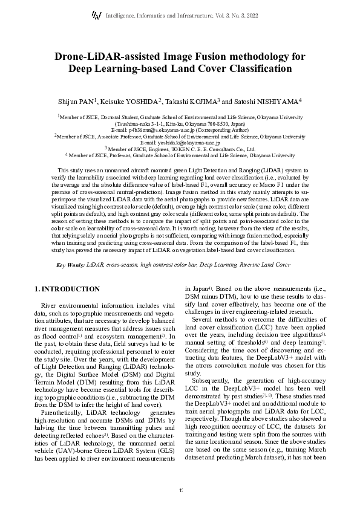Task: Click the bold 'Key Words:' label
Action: coord(70,265)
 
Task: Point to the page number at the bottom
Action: coord(180,489)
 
